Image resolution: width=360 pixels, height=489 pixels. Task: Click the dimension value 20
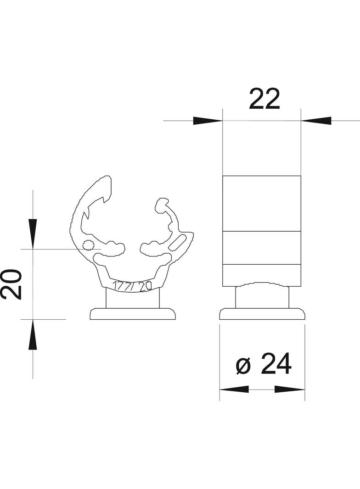[x=11, y=284]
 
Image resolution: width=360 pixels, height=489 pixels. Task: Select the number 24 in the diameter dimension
[x=276, y=365]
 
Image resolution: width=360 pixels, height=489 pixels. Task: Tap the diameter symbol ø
[x=244, y=366]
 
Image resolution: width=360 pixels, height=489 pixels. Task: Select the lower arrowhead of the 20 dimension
[x=33, y=334]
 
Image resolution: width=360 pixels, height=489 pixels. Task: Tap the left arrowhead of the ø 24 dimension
[x=234, y=389]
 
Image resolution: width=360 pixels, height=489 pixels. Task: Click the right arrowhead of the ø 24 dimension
[x=290, y=389]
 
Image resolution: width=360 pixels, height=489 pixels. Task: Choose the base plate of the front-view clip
[x=133, y=314]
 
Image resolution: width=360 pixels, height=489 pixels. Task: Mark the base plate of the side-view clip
[x=262, y=314]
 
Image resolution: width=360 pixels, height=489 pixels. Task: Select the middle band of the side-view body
[x=262, y=248]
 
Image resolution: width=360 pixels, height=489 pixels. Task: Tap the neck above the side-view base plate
[x=262, y=297]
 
